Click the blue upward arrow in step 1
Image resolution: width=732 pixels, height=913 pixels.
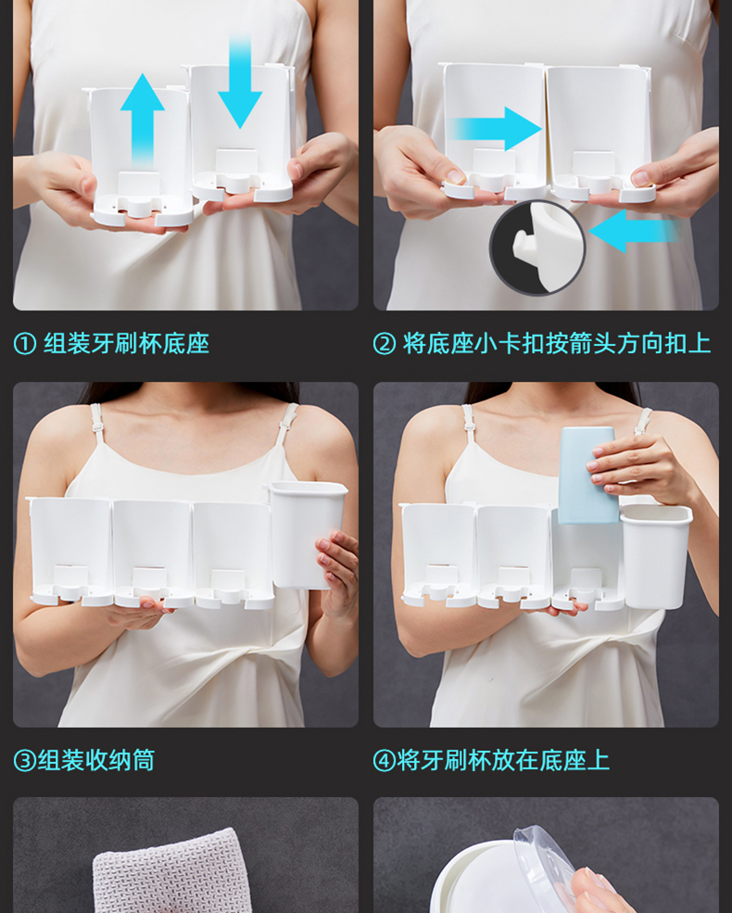coord(142,120)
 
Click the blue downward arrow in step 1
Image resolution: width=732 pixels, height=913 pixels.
coord(240,82)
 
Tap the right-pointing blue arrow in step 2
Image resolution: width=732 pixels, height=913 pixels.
coord(496,128)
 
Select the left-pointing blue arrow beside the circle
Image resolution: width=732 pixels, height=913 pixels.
coord(634,231)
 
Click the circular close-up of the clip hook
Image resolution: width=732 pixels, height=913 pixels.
coord(537,247)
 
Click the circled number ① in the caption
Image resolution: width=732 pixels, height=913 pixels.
coord(25,344)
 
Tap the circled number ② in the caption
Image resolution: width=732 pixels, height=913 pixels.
coord(385,344)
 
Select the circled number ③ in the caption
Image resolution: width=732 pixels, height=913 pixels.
coord(25,760)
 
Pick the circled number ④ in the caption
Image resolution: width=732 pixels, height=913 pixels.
coord(385,760)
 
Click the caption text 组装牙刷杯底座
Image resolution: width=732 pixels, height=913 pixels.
coord(126,344)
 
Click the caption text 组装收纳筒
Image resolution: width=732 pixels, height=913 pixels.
coord(96,760)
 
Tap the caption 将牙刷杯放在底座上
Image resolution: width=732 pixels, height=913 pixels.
coord(503,760)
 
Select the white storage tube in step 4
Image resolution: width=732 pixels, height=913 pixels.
coord(656,557)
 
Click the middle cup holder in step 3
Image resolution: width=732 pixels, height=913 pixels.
coord(153,553)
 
